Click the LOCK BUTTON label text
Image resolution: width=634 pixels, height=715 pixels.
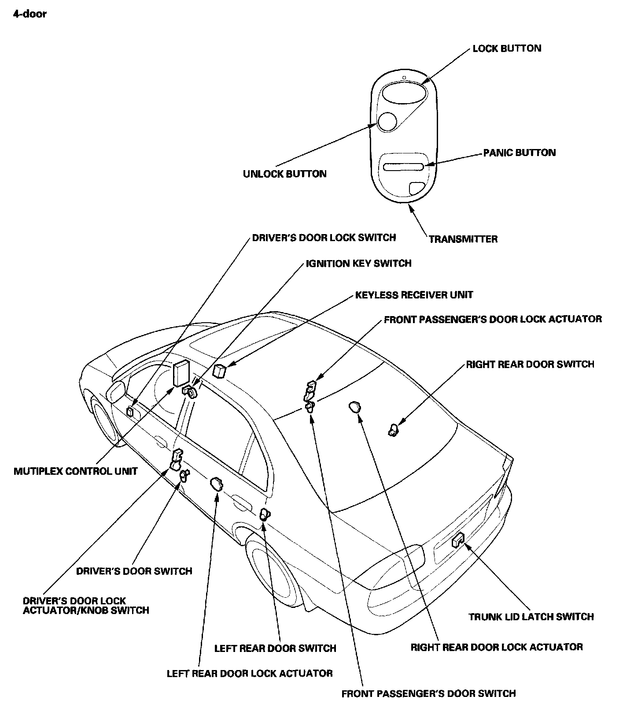(507, 48)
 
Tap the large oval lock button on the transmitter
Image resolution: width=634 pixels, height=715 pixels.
(404, 93)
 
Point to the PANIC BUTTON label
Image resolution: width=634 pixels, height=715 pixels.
(520, 153)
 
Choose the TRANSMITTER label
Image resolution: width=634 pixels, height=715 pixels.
(463, 239)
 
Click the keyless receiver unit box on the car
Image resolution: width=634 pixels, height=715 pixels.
(219, 371)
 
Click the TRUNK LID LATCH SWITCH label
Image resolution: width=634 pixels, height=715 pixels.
(531, 617)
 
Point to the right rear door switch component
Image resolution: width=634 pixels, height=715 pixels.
(392, 429)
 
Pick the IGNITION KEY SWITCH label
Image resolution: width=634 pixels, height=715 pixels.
(358, 264)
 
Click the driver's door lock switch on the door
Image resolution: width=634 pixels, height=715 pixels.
(130, 412)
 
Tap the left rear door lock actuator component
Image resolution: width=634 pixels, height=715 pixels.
(216, 484)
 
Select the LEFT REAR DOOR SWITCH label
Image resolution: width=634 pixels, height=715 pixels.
(275, 648)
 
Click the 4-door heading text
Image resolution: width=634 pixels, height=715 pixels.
(29, 14)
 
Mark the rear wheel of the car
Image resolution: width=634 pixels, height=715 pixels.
(269, 564)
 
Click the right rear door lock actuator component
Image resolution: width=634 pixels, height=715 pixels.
(354, 407)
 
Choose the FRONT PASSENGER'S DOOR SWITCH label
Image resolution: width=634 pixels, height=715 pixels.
(428, 693)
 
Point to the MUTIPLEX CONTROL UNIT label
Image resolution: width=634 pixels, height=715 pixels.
(76, 471)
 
